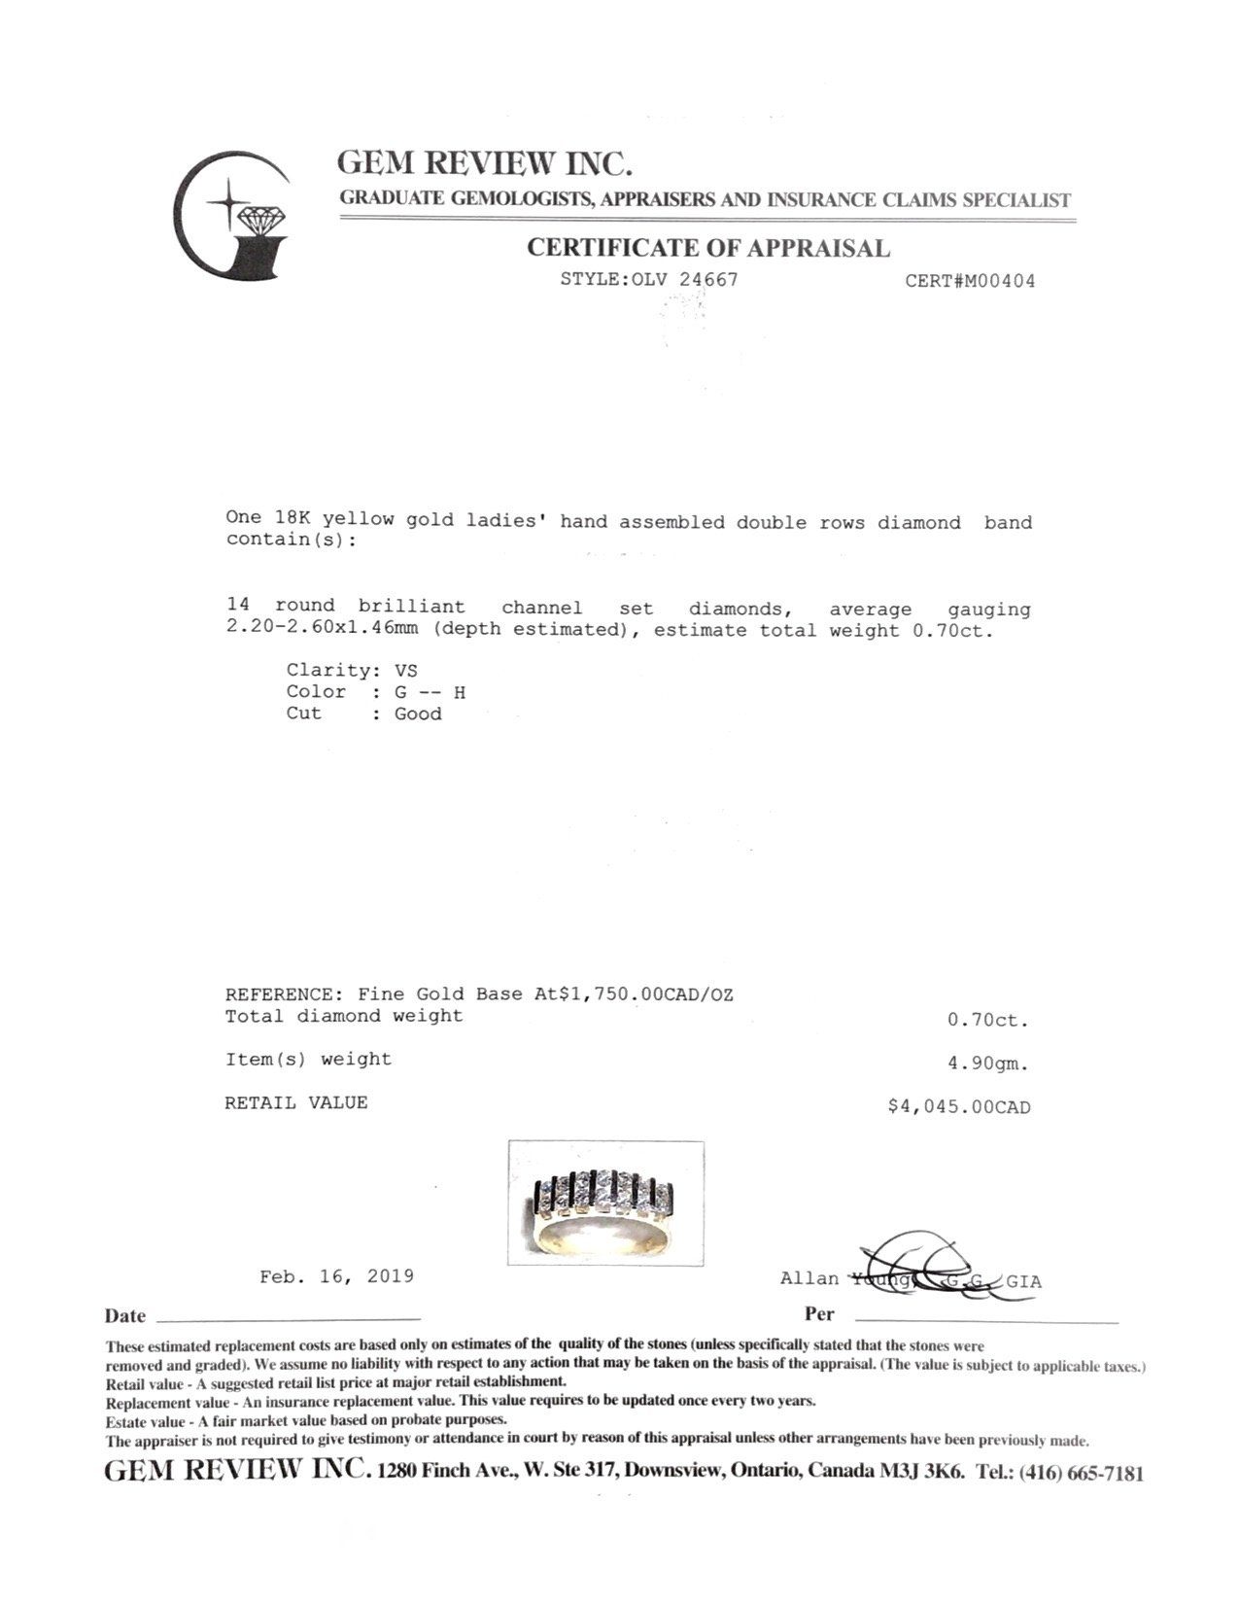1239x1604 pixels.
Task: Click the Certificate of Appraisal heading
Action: coord(707,249)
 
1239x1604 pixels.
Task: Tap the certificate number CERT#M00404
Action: coord(969,282)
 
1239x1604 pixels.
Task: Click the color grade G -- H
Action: coord(430,692)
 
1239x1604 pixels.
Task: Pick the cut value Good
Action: coord(418,715)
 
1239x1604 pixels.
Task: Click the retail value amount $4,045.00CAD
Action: coord(958,1107)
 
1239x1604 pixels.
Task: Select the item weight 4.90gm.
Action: coord(987,1064)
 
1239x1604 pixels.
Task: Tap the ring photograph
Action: coord(606,1202)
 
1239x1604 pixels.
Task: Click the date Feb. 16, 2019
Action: coord(336,1276)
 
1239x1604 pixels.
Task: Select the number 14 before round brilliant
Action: coord(237,606)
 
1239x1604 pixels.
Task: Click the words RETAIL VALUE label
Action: coord(296,1103)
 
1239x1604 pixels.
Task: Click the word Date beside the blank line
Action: coord(125,1316)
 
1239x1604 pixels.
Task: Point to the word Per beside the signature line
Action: coord(819,1314)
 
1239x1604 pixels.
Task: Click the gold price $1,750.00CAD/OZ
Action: coord(645,994)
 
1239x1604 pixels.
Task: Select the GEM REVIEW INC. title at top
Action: coord(485,162)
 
